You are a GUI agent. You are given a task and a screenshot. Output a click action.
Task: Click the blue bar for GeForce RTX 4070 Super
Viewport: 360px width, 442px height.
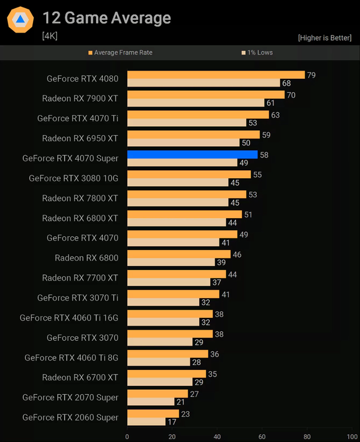click(x=192, y=154)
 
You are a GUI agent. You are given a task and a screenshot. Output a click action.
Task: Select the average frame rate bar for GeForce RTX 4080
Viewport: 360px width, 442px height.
click(x=215, y=75)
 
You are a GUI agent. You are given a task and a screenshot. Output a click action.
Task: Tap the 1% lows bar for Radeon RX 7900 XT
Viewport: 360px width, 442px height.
click(x=195, y=103)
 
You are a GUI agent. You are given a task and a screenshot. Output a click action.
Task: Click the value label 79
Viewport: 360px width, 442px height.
click(x=311, y=75)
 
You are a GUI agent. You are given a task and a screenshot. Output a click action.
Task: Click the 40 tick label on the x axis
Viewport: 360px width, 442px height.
click(x=217, y=436)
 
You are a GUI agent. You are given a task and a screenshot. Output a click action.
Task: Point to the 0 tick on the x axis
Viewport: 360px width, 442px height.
click(x=127, y=436)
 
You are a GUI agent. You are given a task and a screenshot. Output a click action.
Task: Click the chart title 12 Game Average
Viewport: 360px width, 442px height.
click(x=106, y=18)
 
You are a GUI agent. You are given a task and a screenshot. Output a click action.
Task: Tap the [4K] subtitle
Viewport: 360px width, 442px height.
click(x=49, y=36)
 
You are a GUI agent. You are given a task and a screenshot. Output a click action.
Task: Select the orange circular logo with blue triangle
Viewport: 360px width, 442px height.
click(x=20, y=20)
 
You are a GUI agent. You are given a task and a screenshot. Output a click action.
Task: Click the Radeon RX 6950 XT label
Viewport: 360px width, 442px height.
click(x=80, y=138)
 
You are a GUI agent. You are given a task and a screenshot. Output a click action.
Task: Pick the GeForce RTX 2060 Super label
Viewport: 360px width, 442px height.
click(x=70, y=417)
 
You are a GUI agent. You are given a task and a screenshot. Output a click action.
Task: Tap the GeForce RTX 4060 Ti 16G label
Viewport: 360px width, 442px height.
click(x=69, y=318)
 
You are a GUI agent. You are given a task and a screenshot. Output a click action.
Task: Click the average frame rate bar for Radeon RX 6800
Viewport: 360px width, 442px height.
click(x=178, y=254)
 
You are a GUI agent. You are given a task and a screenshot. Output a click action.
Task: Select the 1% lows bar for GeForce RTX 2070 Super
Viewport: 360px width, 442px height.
click(x=150, y=402)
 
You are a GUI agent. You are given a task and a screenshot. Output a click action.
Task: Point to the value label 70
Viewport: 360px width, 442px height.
click(x=291, y=95)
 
